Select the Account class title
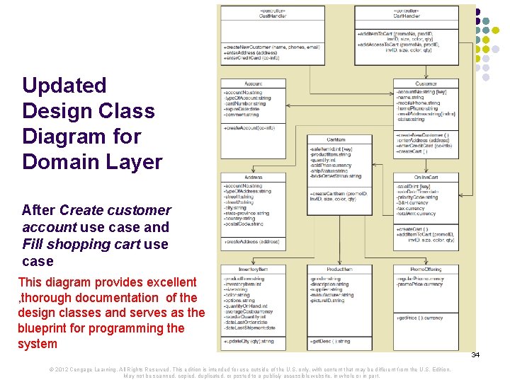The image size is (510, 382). (254, 83)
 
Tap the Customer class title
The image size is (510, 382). (426, 83)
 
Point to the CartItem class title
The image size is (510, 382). (336, 139)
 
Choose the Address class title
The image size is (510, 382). (254, 177)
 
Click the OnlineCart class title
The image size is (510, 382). (426, 177)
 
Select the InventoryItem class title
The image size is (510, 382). (253, 270)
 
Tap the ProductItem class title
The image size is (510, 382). (339, 270)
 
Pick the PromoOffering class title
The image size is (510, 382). (426, 270)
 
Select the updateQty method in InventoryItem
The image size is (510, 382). (248, 341)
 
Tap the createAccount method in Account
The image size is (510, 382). (249, 127)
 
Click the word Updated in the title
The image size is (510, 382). (64, 86)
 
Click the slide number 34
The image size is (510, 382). (475, 354)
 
